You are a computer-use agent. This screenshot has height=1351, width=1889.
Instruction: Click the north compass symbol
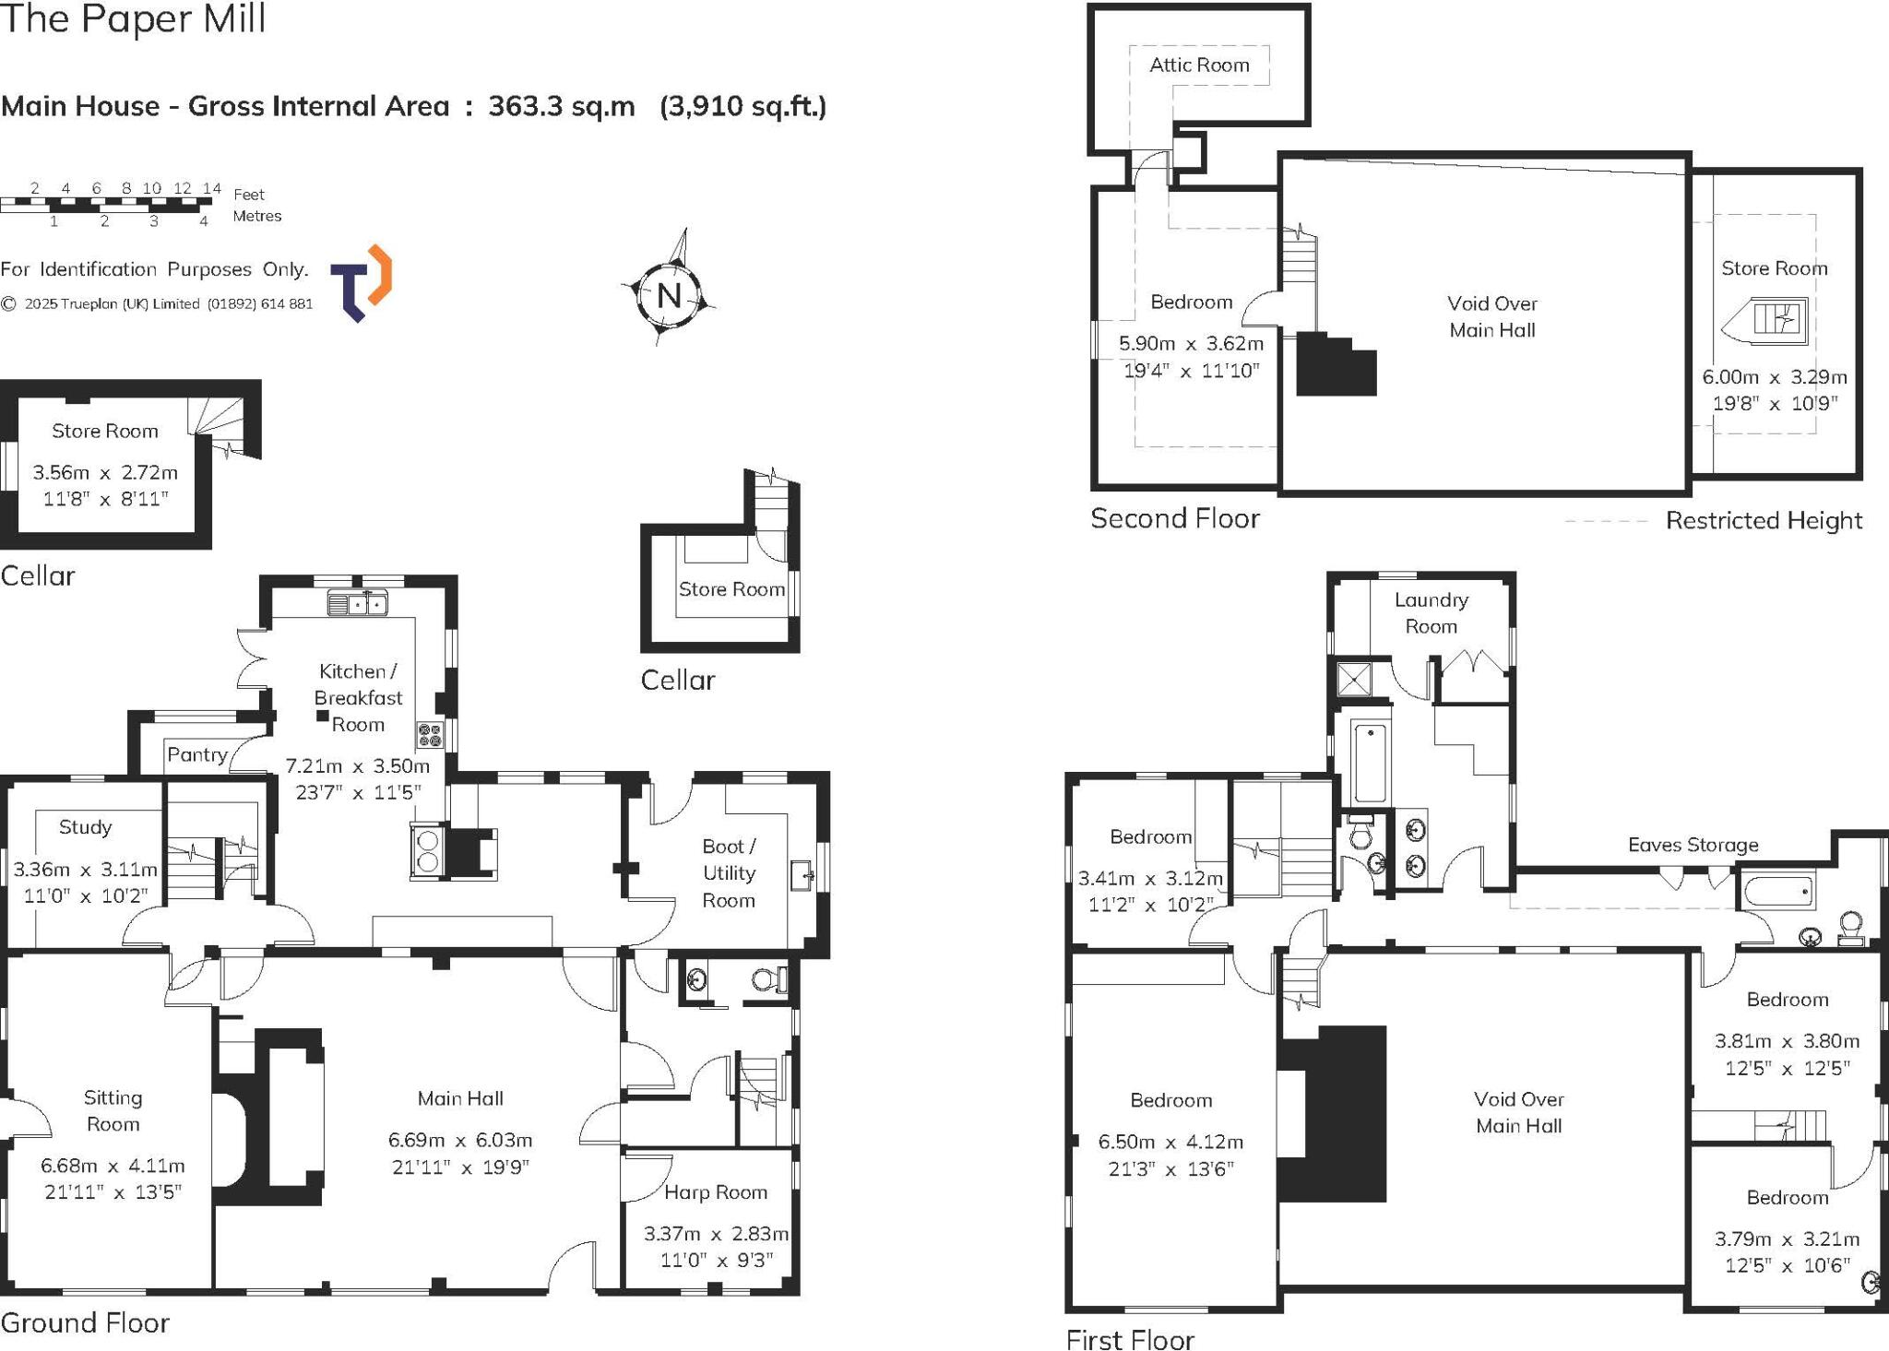670,295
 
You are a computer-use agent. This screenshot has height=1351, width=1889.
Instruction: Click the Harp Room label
716,1192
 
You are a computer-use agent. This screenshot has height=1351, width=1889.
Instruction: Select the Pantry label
197,755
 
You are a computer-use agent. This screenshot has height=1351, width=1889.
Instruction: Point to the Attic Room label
1199,65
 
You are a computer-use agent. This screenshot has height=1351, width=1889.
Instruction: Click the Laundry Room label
1431,613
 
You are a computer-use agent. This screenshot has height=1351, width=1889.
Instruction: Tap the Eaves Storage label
1693,845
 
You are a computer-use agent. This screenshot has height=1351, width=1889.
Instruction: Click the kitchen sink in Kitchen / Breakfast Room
358,605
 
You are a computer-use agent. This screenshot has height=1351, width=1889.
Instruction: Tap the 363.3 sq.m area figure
561,107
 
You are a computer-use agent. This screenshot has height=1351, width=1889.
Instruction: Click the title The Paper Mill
133,18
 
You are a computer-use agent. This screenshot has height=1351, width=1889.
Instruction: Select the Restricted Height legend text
1764,521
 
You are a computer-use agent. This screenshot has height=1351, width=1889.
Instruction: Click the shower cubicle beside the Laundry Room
1353,680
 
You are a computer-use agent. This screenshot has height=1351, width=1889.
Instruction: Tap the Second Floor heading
1174,518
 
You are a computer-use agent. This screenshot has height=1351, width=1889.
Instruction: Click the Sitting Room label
113,1110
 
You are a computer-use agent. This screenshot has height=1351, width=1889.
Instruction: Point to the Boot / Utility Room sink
801,873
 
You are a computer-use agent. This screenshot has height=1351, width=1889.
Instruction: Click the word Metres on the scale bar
257,216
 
